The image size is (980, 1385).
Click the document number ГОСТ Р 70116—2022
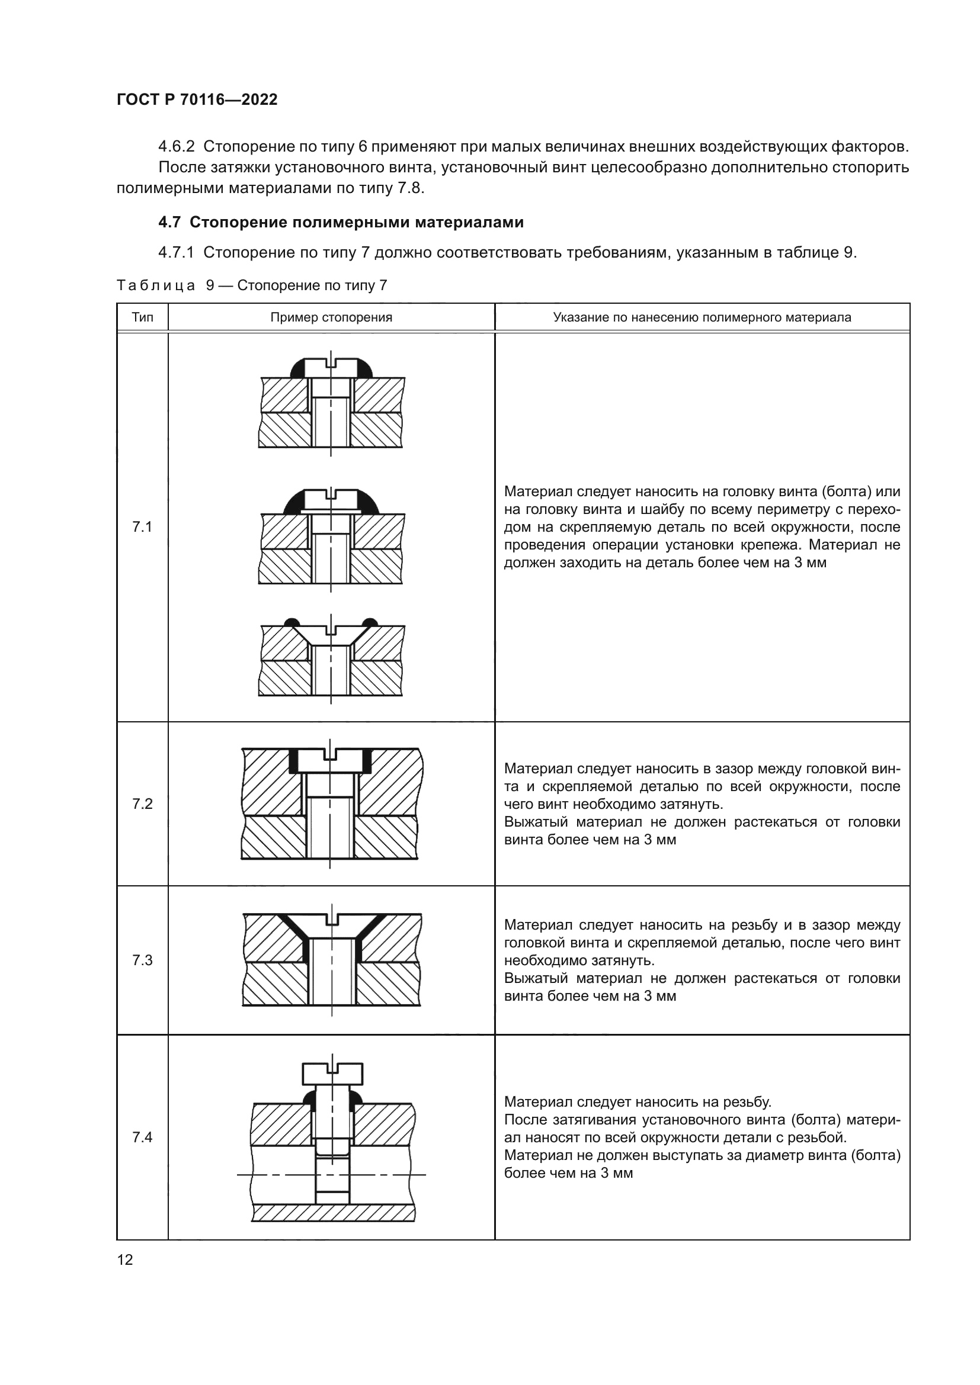[x=197, y=99]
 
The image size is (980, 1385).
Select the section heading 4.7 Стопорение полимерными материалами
[x=340, y=223]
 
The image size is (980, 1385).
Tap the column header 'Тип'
[x=142, y=317]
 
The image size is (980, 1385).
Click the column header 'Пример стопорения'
[x=331, y=317]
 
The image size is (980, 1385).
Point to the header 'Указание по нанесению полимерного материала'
[x=702, y=317]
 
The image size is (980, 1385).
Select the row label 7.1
[x=142, y=527]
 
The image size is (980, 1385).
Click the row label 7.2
[x=142, y=804]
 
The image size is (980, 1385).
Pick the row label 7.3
[x=142, y=960]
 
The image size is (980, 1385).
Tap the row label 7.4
[x=142, y=1137]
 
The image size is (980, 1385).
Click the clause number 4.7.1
[x=176, y=252]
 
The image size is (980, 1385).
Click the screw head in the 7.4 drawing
[x=332, y=1074]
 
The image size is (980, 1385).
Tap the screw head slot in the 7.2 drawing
[x=330, y=754]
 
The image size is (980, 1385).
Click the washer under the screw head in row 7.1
[x=331, y=512]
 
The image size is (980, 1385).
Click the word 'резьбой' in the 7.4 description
[x=821, y=1137]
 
